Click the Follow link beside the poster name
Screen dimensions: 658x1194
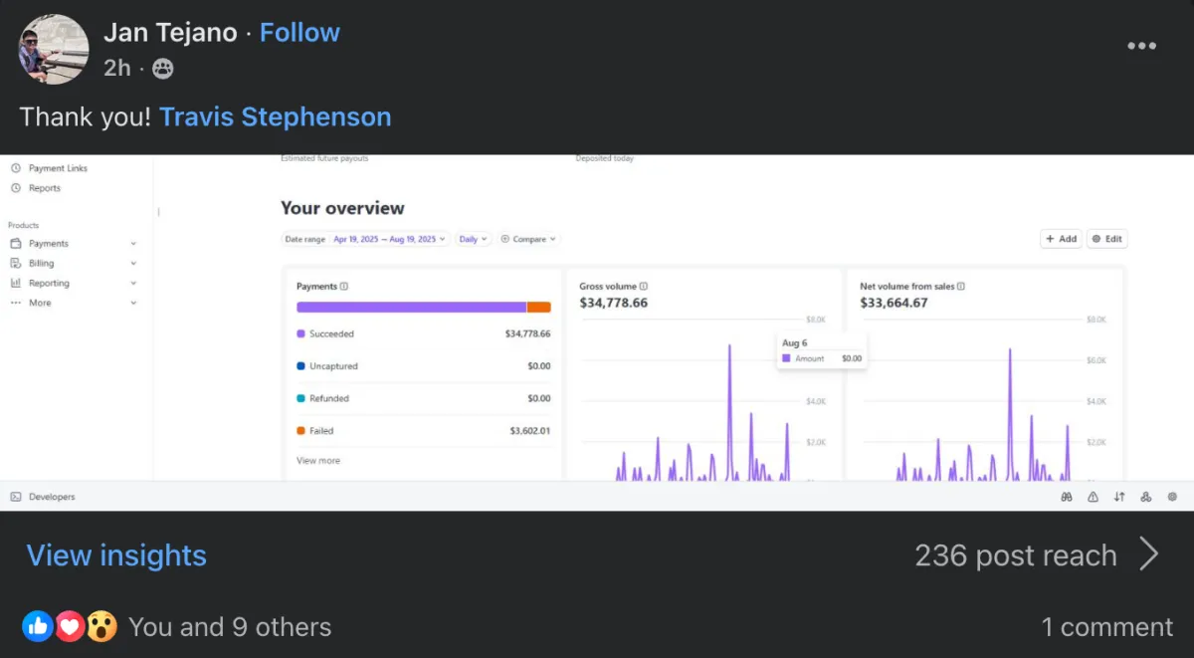point(299,33)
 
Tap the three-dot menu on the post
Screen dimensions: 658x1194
point(1141,46)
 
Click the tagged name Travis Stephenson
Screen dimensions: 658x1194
point(275,116)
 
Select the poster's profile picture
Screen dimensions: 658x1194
point(54,48)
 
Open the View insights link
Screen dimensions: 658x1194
point(116,555)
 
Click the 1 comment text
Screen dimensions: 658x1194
point(1106,627)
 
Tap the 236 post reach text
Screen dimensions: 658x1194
point(1015,555)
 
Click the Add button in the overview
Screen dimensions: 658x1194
point(1061,239)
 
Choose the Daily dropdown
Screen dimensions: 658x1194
point(473,239)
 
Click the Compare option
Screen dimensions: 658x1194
point(529,239)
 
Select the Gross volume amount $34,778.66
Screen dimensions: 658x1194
point(613,303)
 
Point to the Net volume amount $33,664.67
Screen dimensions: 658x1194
point(894,303)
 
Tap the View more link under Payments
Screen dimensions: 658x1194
point(317,461)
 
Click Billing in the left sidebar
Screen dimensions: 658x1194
point(42,264)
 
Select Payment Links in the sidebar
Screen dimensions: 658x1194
point(58,168)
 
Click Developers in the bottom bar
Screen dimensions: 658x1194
point(51,497)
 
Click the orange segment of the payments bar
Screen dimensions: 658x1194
point(538,308)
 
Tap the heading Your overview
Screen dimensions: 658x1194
point(342,208)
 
